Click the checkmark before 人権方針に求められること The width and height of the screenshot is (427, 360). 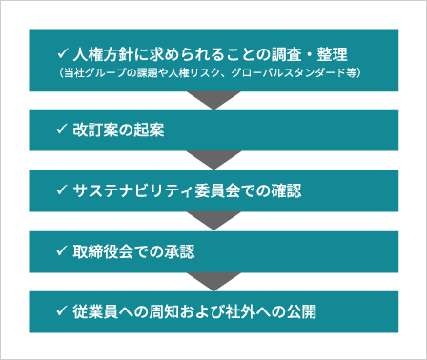pyautogui.click(x=62, y=54)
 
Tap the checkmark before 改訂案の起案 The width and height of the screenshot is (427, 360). pyautogui.click(x=61, y=130)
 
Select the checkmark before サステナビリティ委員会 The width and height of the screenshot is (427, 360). pyautogui.click(x=61, y=190)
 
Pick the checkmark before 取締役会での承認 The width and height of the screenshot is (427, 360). pyautogui.click(x=61, y=251)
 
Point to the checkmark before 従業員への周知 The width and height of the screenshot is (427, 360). pyautogui.click(x=61, y=311)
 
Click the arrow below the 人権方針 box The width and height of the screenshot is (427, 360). pyautogui.click(x=213, y=100)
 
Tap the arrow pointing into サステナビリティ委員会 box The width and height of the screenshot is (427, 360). pyautogui.click(x=213, y=160)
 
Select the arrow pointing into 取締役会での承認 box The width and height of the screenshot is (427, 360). pyautogui.click(x=213, y=220)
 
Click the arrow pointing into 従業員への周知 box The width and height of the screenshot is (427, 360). pyautogui.click(x=213, y=281)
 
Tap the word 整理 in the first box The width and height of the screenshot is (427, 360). pyautogui.click(x=332, y=54)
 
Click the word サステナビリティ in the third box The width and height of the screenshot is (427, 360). pyautogui.click(x=133, y=190)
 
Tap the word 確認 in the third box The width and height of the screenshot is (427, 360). pyautogui.click(x=286, y=190)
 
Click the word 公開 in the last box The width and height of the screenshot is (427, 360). pyautogui.click(x=301, y=311)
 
